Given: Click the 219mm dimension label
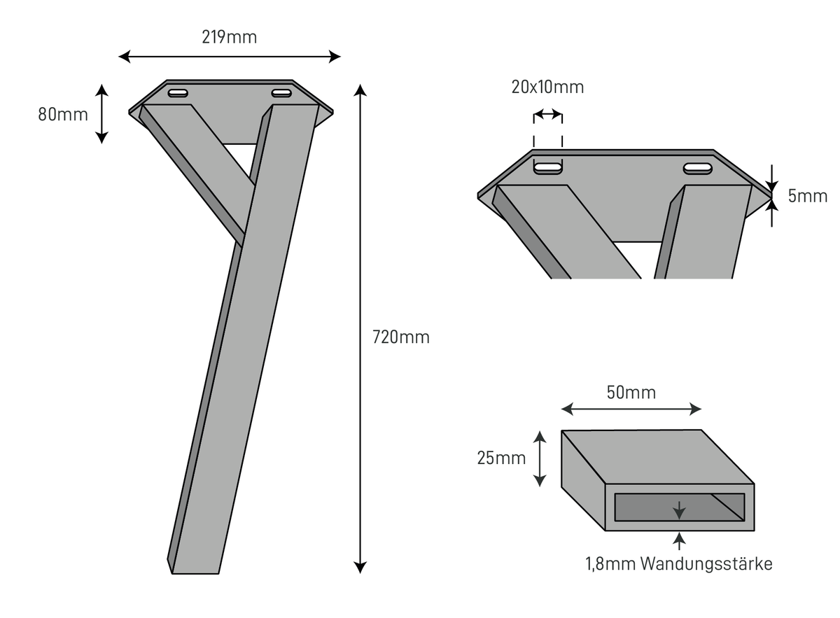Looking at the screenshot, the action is point(229,37).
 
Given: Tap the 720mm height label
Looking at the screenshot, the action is point(401,337).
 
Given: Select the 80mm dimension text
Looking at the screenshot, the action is point(63,114).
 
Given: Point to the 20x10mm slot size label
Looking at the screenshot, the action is point(547,87).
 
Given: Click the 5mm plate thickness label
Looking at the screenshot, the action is point(807,196).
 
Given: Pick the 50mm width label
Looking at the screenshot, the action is point(631,392).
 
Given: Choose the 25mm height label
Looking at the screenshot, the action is point(501,458).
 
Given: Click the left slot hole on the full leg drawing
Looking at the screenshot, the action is point(178,93).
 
